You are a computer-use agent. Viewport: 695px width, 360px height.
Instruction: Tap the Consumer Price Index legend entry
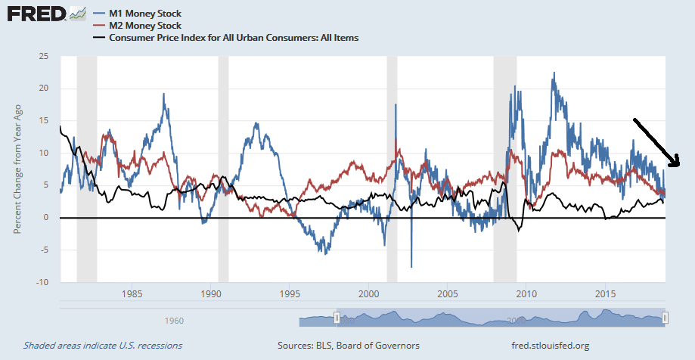(x=234, y=37)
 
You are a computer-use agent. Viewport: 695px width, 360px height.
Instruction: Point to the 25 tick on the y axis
(x=44, y=57)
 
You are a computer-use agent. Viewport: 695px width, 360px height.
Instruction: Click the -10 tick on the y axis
(x=42, y=282)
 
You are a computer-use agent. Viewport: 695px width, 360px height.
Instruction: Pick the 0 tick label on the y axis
(x=46, y=218)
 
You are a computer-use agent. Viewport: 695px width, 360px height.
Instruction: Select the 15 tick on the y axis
(x=44, y=121)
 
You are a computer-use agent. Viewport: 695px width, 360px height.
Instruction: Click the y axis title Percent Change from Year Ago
(x=16, y=169)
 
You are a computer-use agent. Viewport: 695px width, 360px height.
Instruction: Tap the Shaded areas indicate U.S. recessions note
(x=102, y=346)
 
